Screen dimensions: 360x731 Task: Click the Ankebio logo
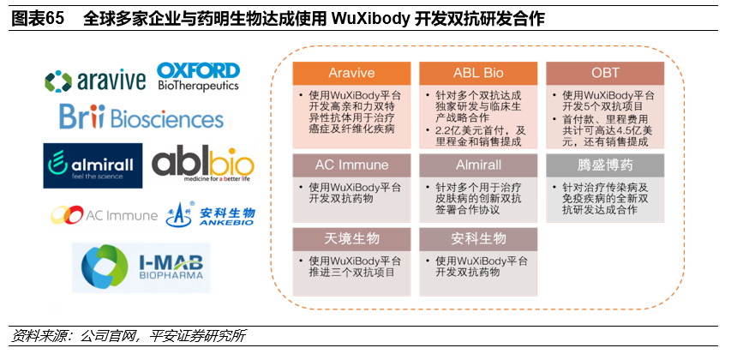coord(211,213)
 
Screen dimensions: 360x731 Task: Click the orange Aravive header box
coord(351,73)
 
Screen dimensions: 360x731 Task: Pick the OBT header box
coord(605,73)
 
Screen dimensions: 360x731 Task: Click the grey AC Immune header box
coord(351,165)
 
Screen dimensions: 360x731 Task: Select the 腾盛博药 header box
coord(605,165)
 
